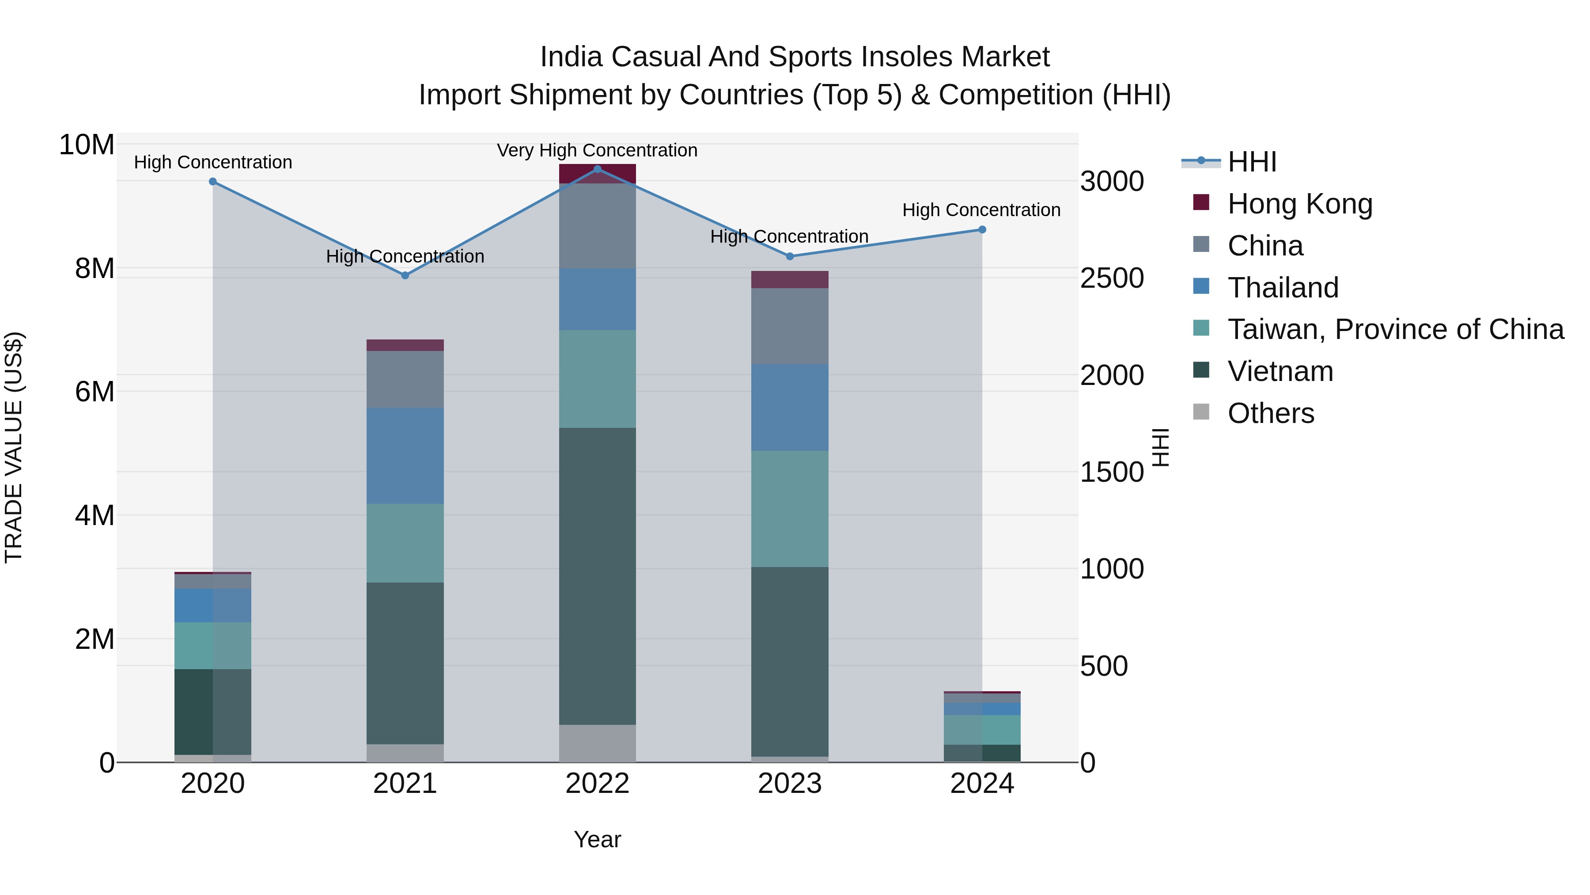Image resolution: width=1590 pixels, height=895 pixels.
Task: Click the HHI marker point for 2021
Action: click(405, 275)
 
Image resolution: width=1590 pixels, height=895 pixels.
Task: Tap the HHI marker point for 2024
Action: click(982, 230)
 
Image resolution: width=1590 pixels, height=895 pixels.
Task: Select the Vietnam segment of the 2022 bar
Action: click(597, 575)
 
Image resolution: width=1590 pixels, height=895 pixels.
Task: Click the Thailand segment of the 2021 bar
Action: click(405, 455)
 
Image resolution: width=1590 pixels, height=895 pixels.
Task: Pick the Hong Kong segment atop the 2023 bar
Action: click(789, 280)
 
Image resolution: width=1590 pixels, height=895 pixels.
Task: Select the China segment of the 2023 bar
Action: click(789, 326)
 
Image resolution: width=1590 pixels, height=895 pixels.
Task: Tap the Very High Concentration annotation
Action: click(597, 150)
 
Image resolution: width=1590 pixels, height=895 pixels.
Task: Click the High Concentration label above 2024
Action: click(981, 210)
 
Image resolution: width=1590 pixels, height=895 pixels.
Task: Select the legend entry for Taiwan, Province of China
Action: click(1395, 329)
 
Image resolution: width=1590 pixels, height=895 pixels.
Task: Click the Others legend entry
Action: click(1270, 413)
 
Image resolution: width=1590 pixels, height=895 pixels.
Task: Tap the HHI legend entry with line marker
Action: click(1251, 162)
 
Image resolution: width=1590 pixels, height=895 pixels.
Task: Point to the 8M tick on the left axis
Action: click(95, 269)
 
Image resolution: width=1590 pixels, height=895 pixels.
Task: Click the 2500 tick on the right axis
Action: click(1112, 278)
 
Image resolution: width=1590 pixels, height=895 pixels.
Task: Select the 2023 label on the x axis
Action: click(789, 784)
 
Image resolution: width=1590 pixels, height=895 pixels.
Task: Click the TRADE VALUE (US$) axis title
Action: click(14, 447)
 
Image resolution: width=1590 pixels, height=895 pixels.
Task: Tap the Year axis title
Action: click(597, 839)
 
